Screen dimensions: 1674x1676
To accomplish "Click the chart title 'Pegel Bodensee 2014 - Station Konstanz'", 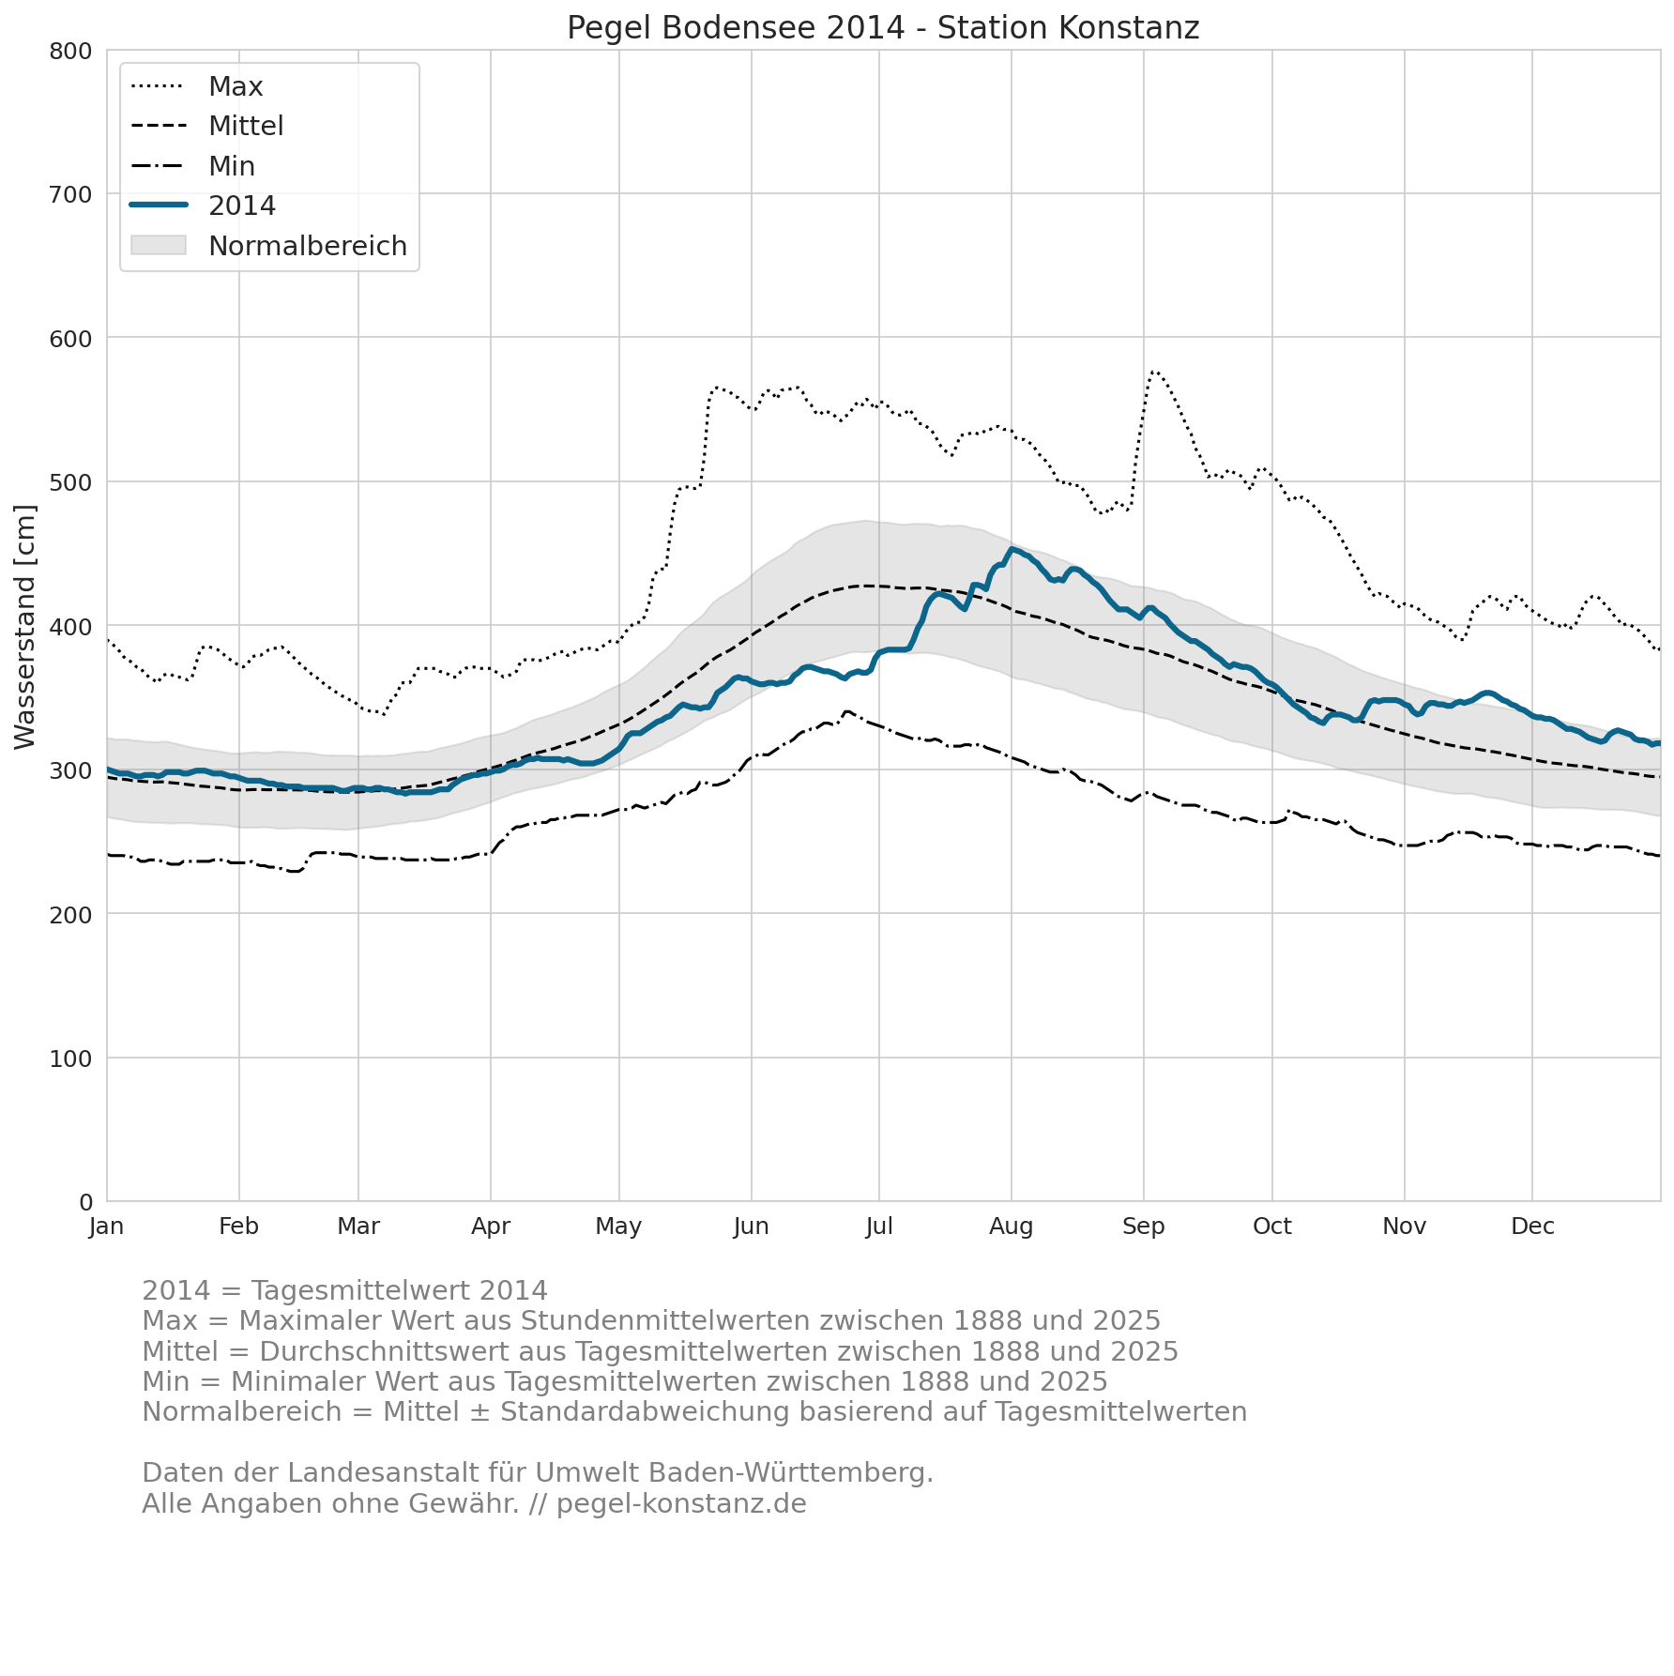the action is [883, 28].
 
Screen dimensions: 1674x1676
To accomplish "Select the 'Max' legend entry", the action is [197, 86].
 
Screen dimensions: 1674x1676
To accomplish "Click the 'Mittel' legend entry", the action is [207, 126].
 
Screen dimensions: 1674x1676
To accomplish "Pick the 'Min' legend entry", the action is [193, 166].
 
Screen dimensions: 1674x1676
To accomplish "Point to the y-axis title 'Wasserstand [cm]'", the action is [25, 627].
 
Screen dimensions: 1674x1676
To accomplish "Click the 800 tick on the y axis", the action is [70, 51].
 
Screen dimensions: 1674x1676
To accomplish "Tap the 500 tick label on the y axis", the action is [70, 482].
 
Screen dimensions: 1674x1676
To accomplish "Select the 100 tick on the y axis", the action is [70, 1059].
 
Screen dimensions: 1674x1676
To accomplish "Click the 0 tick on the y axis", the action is [85, 1202].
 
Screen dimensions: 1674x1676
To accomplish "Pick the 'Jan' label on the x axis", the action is [107, 1227].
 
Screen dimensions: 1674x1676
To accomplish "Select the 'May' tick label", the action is [618, 1227].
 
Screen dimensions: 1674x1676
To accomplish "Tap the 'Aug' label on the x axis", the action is [1012, 1227].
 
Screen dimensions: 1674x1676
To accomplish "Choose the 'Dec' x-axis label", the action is [1532, 1227].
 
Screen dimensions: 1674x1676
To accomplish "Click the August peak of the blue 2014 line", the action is [1012, 549].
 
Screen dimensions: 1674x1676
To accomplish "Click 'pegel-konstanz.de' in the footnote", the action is [681, 1504].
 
